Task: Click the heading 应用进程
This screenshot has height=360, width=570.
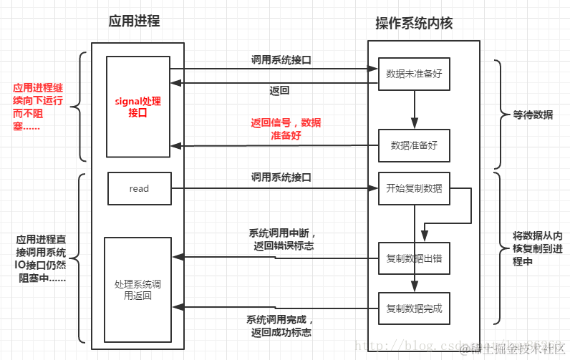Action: tap(134, 21)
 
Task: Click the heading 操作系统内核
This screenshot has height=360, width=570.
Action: tap(414, 24)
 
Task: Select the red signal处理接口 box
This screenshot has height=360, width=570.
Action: tap(138, 107)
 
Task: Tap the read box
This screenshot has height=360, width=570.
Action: tap(139, 188)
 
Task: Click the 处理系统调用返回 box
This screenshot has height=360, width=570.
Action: tap(138, 289)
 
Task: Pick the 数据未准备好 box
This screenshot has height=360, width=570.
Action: tap(414, 74)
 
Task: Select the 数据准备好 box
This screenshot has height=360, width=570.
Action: tap(414, 145)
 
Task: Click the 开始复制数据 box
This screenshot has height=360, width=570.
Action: tap(414, 188)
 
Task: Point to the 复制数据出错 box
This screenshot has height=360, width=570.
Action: tap(414, 260)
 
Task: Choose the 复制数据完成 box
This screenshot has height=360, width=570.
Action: tap(414, 308)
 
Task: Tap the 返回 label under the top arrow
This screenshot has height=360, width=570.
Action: tap(279, 90)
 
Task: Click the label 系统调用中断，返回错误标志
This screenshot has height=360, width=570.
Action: tap(281, 239)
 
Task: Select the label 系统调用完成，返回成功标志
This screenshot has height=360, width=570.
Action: tap(281, 326)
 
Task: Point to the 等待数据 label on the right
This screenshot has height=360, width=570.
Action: tap(532, 115)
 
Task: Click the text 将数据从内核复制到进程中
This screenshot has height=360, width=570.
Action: tap(537, 248)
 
